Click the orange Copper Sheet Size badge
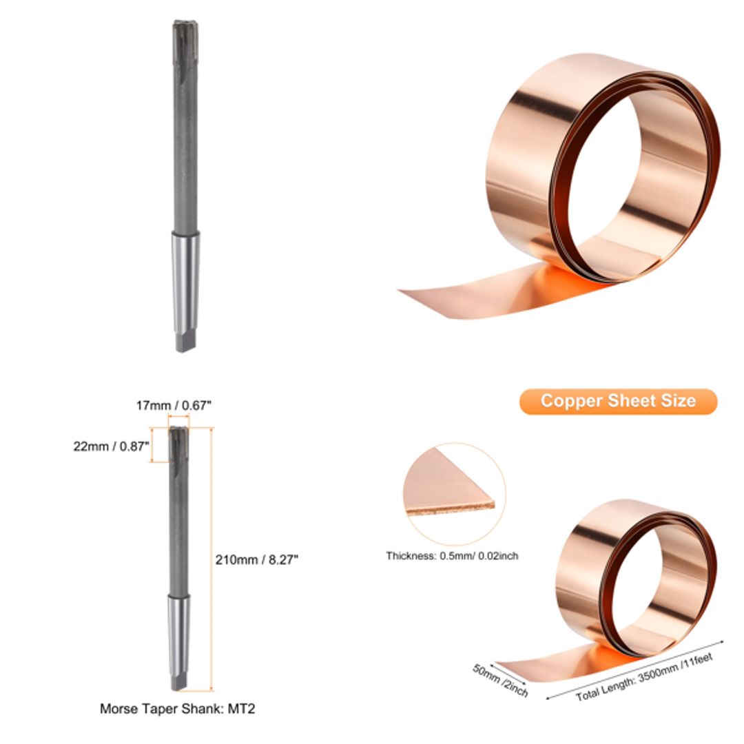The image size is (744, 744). point(618,401)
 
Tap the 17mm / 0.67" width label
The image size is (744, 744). point(174,406)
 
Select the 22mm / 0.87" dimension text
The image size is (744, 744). point(111,446)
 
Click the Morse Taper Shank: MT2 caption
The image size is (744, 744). point(178,708)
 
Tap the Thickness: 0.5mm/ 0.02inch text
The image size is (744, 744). point(452,555)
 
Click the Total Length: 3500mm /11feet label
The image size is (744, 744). point(644,676)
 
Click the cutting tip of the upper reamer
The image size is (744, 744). point(185,31)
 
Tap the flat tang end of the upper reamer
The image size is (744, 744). point(186,341)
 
